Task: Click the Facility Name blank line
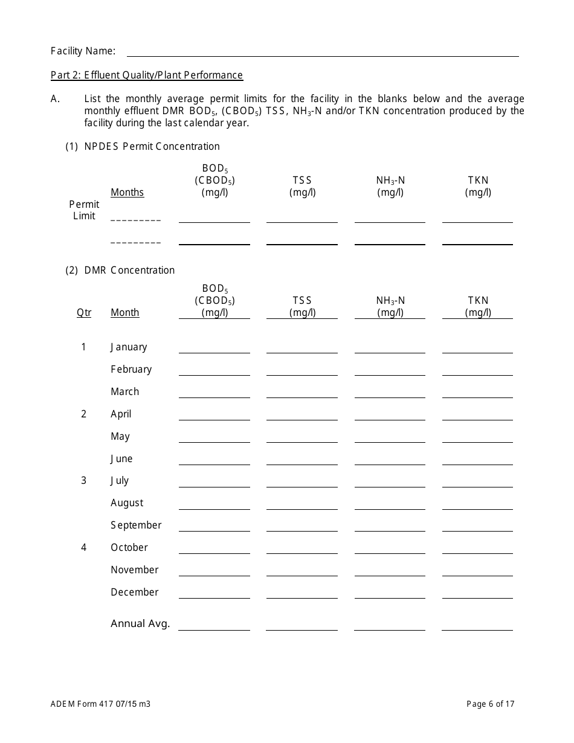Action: [x=322, y=51]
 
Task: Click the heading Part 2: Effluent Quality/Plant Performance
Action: [x=147, y=76]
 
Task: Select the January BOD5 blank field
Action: [x=214, y=347]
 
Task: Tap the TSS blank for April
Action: [x=302, y=414]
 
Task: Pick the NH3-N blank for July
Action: [x=390, y=481]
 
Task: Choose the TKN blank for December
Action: [x=477, y=593]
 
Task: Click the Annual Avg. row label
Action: [x=140, y=623]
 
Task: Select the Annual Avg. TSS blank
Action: [x=302, y=625]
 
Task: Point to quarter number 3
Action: [x=84, y=481]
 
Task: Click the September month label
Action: [x=136, y=526]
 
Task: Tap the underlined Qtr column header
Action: [x=84, y=313]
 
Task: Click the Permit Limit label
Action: [x=84, y=210]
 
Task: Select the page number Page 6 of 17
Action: [x=491, y=704]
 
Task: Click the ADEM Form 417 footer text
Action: [x=100, y=704]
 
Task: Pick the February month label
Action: [x=131, y=370]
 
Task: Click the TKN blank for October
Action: [x=477, y=548]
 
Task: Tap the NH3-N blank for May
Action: [x=390, y=437]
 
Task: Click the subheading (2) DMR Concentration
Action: [x=120, y=270]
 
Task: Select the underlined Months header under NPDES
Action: [x=127, y=193]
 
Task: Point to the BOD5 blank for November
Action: [x=214, y=570]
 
